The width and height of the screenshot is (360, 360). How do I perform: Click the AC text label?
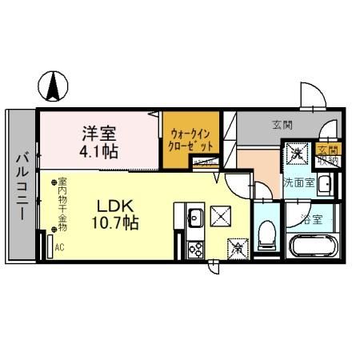click(60, 248)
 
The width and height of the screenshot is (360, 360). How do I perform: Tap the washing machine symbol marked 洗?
click(296, 154)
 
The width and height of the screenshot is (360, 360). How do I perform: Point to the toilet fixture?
click(267, 235)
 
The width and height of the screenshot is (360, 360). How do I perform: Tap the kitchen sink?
click(194, 215)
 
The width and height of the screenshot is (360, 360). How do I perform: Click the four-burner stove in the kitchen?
click(194, 249)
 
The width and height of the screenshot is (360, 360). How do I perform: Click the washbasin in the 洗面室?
click(324, 186)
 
